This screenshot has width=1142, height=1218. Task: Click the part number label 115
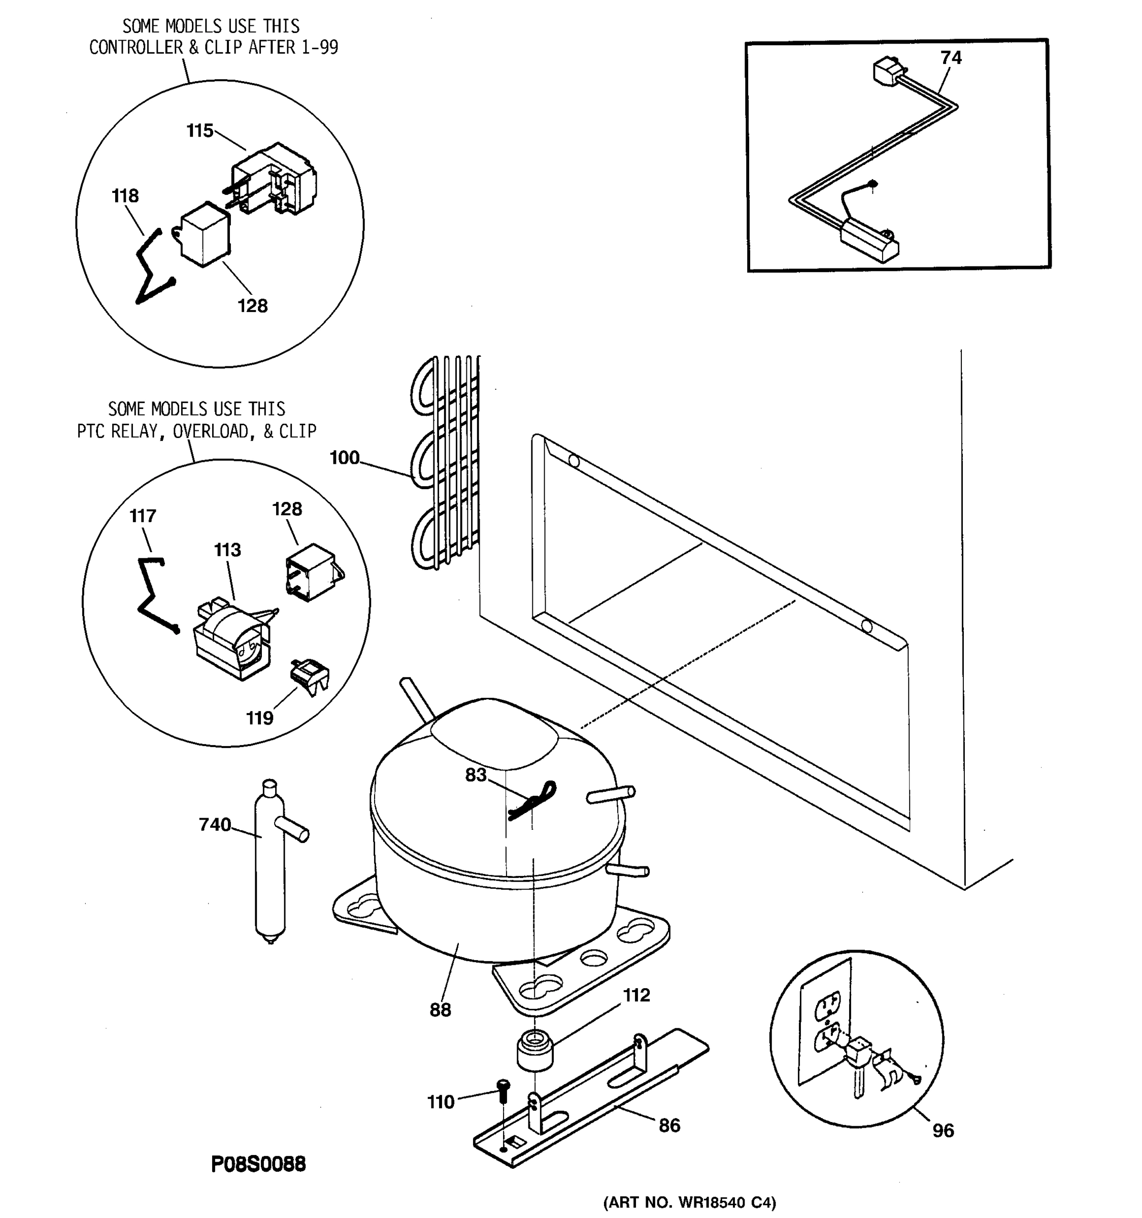click(200, 130)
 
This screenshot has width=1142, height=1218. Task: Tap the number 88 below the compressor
click(440, 1010)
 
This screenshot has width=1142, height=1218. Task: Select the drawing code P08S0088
click(258, 1164)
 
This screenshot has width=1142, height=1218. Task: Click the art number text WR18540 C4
click(727, 1203)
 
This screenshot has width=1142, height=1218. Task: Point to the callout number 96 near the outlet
click(943, 1130)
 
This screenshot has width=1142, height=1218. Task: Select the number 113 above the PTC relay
click(227, 550)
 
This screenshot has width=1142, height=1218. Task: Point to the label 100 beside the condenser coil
click(344, 458)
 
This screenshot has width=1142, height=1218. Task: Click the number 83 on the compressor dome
click(476, 775)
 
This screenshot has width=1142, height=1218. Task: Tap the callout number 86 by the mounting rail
click(669, 1126)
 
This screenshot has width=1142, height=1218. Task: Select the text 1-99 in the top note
click(319, 47)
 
